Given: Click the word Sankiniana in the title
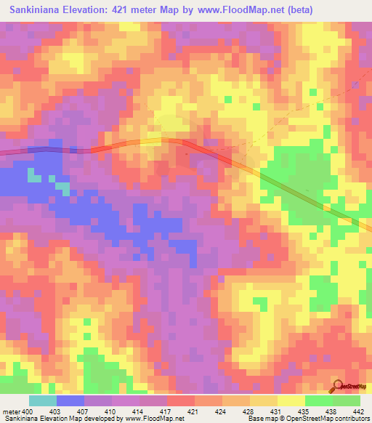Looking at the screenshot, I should click(36, 10).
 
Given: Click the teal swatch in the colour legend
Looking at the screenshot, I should click(43, 400).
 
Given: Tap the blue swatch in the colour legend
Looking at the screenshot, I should click(70, 400).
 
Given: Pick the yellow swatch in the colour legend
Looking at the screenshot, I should click(291, 400).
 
